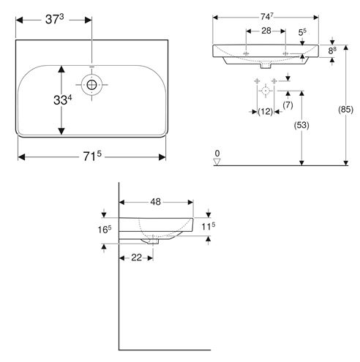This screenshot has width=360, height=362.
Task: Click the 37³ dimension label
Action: (x=55, y=19)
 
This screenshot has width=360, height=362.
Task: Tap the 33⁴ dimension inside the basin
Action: (x=63, y=99)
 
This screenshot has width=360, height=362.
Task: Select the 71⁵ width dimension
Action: (x=92, y=157)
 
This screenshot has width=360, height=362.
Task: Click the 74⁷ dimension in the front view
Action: (x=267, y=17)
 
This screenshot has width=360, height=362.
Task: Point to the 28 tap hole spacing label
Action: (x=266, y=31)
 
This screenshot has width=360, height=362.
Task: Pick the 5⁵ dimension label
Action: (x=302, y=32)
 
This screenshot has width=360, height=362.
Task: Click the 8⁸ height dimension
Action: (x=332, y=50)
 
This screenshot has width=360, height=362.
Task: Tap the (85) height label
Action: (x=345, y=110)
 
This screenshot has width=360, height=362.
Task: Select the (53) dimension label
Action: (x=301, y=125)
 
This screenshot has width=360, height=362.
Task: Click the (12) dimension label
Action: (x=265, y=112)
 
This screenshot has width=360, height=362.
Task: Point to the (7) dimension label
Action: (x=288, y=105)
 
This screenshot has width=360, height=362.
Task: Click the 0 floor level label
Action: (x=217, y=154)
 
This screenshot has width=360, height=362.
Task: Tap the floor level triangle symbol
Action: (x=217, y=162)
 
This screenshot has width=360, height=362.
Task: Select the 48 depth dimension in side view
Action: (x=156, y=202)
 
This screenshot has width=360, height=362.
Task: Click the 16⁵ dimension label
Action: (x=105, y=230)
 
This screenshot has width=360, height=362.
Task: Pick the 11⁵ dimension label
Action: (x=209, y=227)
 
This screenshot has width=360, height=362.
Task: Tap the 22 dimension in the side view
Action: (x=136, y=257)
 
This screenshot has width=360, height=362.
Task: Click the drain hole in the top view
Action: (x=91, y=85)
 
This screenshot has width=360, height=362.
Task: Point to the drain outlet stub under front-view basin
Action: (x=266, y=66)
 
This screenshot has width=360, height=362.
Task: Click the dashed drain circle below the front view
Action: (x=266, y=91)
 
